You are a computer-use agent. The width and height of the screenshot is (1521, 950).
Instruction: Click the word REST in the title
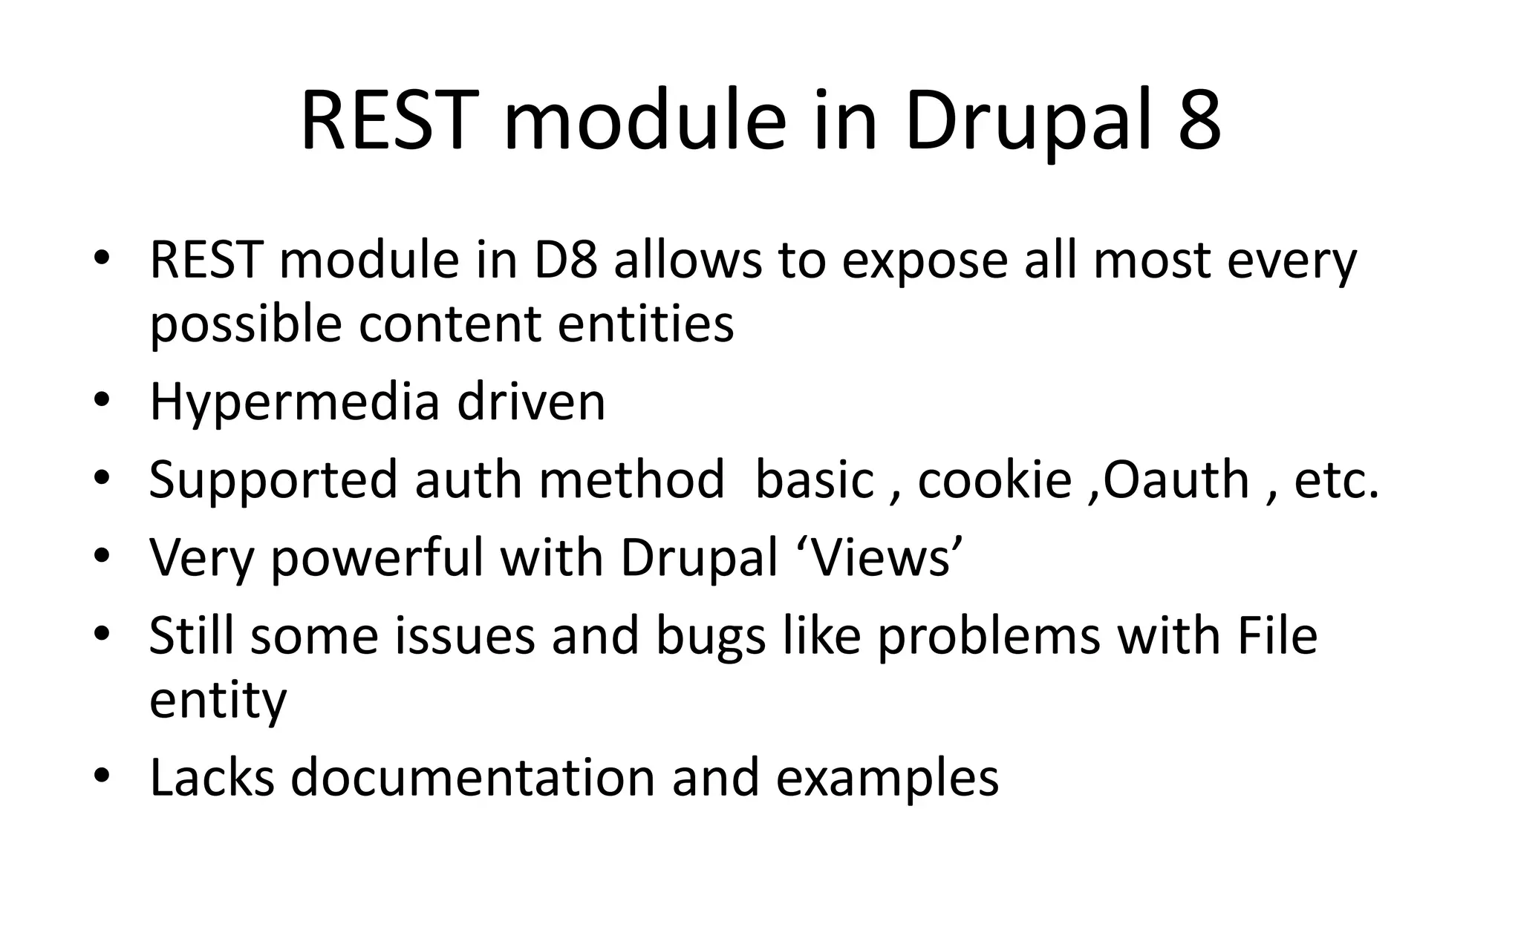(x=387, y=121)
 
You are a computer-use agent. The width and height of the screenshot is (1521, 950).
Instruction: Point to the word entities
(x=645, y=324)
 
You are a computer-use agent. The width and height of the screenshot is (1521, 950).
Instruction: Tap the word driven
(x=531, y=402)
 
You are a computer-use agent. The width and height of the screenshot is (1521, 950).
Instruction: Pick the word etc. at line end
(x=1336, y=481)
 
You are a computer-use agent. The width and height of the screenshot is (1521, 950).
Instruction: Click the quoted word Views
(x=882, y=557)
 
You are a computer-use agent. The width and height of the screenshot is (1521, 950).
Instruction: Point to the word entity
(x=218, y=701)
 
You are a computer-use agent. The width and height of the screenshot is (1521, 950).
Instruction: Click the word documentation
(x=472, y=778)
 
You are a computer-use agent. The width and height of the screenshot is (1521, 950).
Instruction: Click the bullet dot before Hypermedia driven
(x=102, y=402)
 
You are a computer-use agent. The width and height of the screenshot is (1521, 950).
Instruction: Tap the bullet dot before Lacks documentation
(x=102, y=776)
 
